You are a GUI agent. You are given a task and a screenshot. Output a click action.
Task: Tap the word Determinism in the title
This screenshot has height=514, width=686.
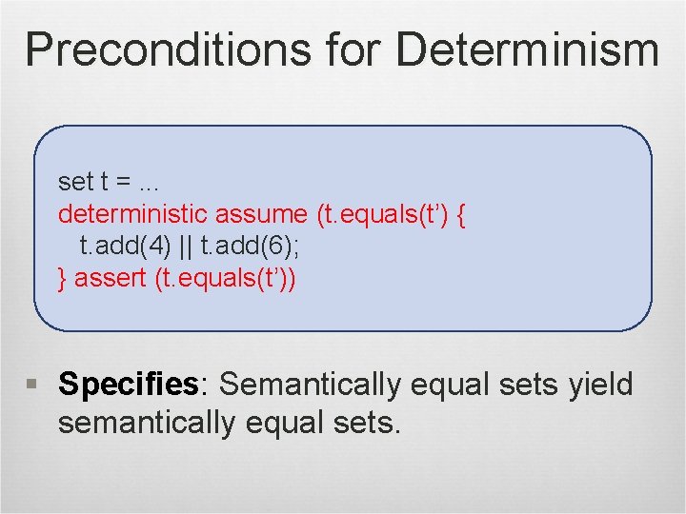(x=527, y=49)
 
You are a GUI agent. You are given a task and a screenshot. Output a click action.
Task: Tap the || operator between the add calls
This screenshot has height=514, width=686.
(x=184, y=247)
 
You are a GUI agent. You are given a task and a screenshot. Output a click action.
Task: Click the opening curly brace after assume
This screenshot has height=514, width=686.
(x=461, y=213)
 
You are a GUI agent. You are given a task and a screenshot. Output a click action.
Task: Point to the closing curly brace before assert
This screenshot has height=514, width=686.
(x=63, y=279)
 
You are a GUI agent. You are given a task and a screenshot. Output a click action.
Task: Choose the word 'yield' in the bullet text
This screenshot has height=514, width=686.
(x=600, y=385)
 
